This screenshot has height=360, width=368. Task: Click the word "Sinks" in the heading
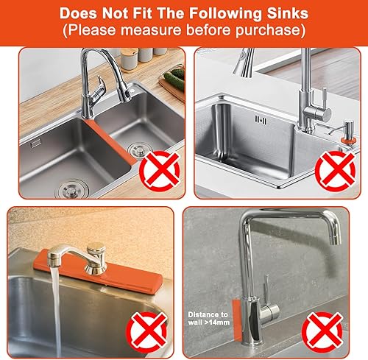click(286, 13)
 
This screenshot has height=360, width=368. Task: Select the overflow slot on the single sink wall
click(259, 119)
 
